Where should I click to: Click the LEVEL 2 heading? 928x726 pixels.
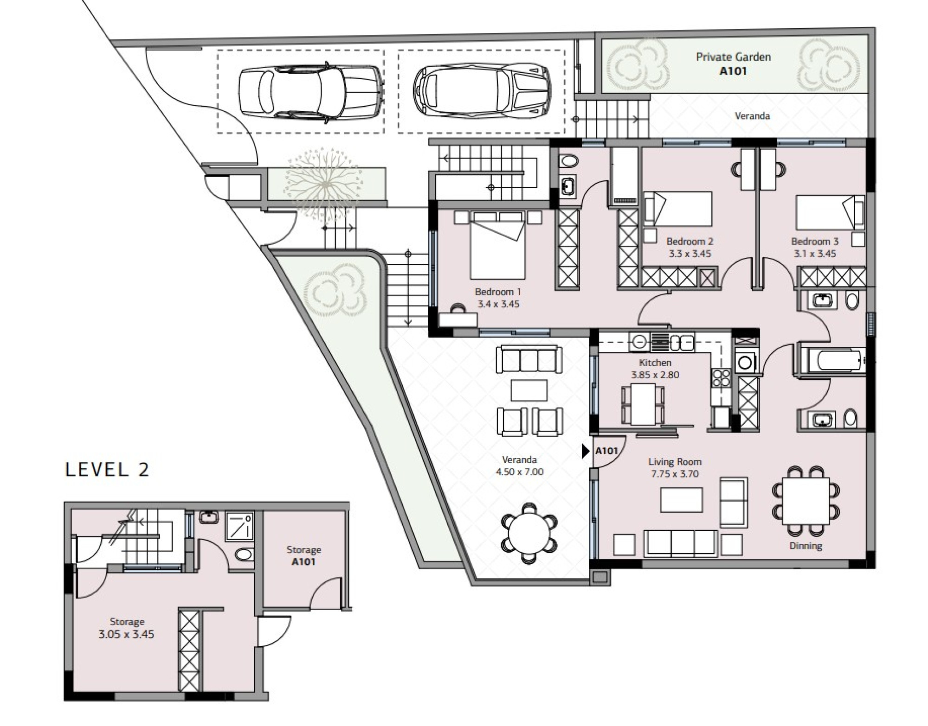pyautogui.click(x=107, y=470)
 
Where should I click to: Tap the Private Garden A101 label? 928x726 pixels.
pyautogui.click(x=734, y=64)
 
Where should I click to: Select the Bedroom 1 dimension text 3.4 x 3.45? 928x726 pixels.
pyautogui.click(x=498, y=304)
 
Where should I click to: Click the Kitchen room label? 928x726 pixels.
pyautogui.click(x=655, y=363)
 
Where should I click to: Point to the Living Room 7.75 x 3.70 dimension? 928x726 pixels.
pyautogui.click(x=674, y=474)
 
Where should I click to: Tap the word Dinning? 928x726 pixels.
pyautogui.click(x=806, y=546)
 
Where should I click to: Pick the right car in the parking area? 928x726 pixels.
pyautogui.click(x=482, y=91)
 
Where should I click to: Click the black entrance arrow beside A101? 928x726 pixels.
pyautogui.click(x=586, y=451)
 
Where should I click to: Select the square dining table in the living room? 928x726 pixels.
pyautogui.click(x=806, y=501)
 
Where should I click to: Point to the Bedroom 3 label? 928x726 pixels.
pyautogui.click(x=815, y=241)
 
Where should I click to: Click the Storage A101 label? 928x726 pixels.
pyautogui.click(x=303, y=556)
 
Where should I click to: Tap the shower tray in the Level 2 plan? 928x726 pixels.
pyautogui.click(x=240, y=526)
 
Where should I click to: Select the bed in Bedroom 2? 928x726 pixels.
pyautogui.click(x=678, y=209)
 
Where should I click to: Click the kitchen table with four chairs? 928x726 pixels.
pyautogui.click(x=643, y=404)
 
